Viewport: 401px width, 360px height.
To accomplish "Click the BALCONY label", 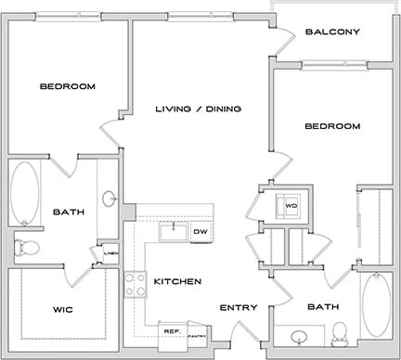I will [331, 32].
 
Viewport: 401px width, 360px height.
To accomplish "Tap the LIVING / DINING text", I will [198, 109].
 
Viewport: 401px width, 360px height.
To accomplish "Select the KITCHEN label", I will [177, 280].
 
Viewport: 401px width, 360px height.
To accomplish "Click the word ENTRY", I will [237, 307].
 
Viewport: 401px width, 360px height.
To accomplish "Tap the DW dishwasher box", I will [200, 231].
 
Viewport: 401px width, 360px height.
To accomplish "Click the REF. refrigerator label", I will [172, 330].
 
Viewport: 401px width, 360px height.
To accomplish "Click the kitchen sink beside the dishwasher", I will [173, 231].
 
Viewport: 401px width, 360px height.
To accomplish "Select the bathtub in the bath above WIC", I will [25, 193].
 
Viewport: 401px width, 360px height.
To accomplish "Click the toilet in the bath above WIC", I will [28, 246].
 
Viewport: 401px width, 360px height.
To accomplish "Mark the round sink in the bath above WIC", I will [109, 198].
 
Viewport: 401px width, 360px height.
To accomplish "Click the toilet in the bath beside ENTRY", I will [340, 330].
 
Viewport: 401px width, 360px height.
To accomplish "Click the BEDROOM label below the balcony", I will [331, 126].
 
